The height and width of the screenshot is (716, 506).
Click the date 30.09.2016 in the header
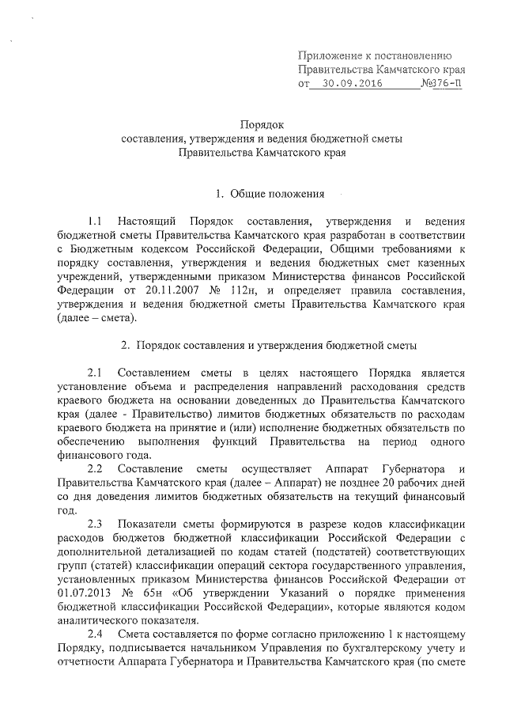tap(348, 82)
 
